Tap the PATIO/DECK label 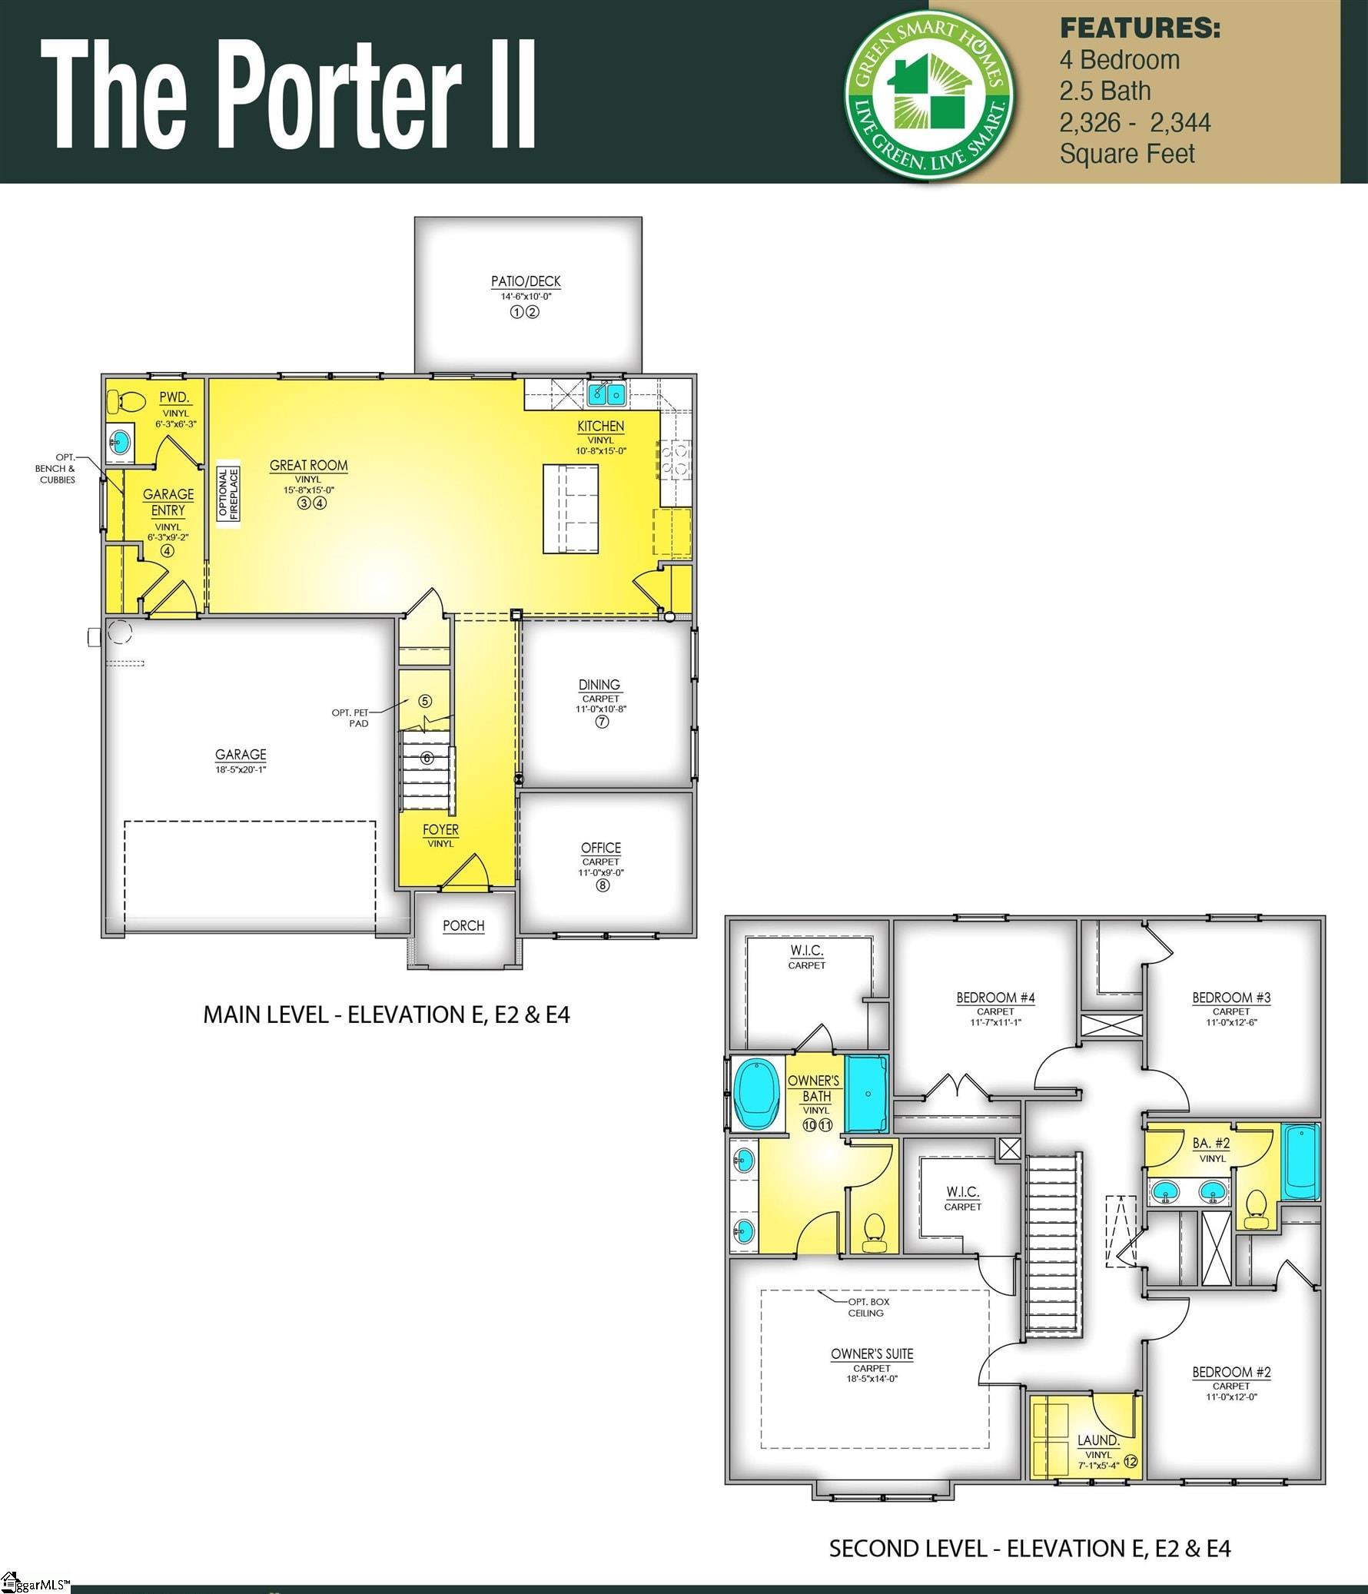coord(526,281)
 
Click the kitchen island coord(570,509)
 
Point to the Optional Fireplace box coord(228,493)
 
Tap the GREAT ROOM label coord(308,466)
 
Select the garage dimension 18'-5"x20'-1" coord(241,769)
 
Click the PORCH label coord(463,925)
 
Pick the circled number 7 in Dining coord(602,722)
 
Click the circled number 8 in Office coord(603,885)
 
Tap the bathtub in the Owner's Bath coord(755,1093)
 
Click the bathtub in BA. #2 coord(1300,1161)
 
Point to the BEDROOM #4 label coord(994,998)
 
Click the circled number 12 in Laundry coord(1131,1462)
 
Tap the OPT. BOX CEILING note coord(868,1307)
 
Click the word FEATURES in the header coord(1140,28)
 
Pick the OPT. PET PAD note coord(351,718)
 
